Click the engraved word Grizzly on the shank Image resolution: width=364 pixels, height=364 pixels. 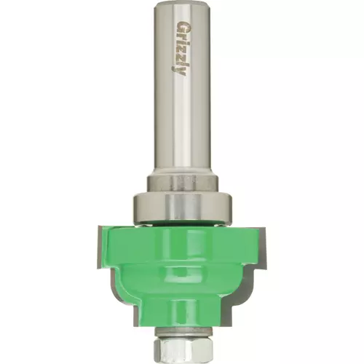(x=180, y=49)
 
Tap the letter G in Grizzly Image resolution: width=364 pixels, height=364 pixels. (x=180, y=25)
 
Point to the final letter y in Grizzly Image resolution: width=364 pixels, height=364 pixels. (x=181, y=71)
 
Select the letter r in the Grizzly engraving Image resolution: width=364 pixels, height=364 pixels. (x=180, y=35)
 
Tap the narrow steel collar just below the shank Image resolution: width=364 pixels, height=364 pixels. (x=182, y=183)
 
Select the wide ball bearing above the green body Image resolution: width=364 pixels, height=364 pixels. (x=183, y=207)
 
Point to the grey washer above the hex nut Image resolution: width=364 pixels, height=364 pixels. (x=183, y=332)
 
